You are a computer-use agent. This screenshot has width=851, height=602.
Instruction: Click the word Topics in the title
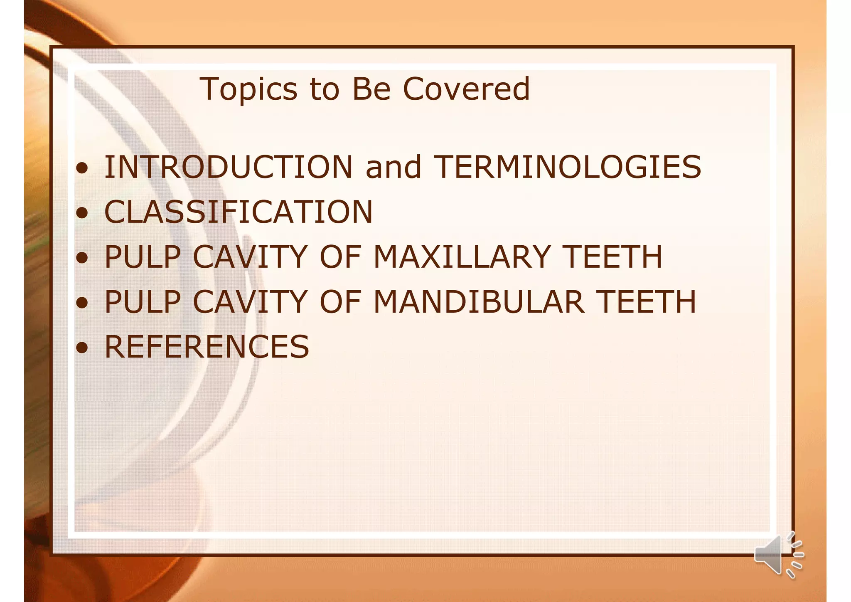248,90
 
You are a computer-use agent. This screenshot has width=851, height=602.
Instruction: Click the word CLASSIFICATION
238,212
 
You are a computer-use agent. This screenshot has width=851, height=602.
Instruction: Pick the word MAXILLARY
462,257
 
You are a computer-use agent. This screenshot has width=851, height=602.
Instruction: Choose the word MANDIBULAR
479,302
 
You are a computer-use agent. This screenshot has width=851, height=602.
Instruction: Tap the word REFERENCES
207,347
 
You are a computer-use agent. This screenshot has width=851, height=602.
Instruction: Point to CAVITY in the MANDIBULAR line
250,302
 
